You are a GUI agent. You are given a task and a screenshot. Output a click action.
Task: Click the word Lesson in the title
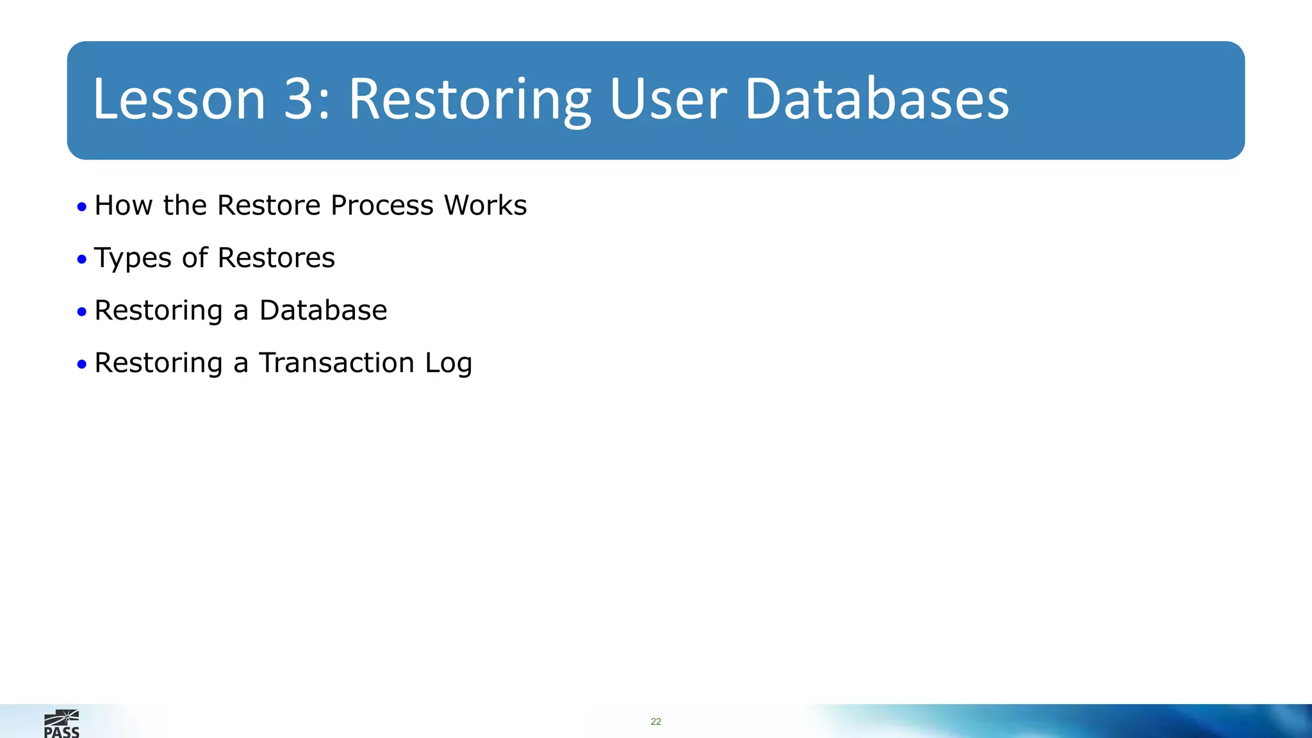click(179, 99)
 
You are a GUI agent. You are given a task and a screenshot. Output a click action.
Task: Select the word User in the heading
click(668, 99)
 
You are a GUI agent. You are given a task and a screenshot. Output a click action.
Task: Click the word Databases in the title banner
click(876, 99)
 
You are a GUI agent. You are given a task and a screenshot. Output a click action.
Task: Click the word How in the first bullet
click(124, 206)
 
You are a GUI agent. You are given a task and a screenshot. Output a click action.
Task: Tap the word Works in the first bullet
click(485, 206)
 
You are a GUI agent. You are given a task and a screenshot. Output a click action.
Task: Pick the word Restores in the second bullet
click(276, 258)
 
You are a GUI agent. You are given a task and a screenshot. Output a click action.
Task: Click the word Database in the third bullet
click(323, 311)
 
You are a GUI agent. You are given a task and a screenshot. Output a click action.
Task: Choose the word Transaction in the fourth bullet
click(336, 363)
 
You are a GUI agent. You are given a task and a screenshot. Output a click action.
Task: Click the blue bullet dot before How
click(81, 207)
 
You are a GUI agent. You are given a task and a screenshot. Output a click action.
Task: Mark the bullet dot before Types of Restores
click(81, 259)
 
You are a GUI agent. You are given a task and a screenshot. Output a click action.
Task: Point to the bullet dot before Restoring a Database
click(81, 312)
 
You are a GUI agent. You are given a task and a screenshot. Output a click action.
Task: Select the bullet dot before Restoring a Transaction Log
click(81, 365)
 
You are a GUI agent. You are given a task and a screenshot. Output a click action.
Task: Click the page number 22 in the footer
click(655, 722)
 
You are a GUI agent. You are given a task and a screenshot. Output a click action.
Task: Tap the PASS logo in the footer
click(61, 724)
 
